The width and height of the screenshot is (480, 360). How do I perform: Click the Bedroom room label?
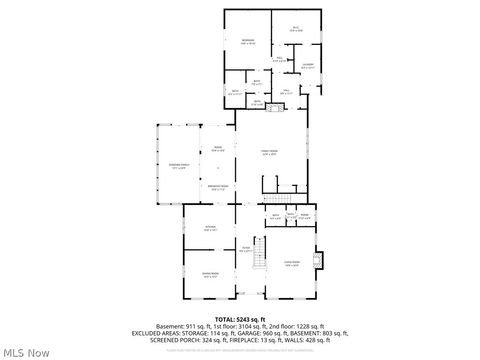247,42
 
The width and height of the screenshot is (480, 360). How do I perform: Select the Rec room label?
295,29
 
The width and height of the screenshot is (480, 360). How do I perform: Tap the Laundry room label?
308,67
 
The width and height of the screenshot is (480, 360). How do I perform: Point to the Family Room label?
269,153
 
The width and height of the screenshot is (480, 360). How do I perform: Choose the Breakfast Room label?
218,187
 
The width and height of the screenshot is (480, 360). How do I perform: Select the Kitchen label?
211,229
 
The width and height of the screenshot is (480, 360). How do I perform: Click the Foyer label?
244,249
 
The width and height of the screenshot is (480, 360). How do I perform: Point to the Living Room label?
292,264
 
